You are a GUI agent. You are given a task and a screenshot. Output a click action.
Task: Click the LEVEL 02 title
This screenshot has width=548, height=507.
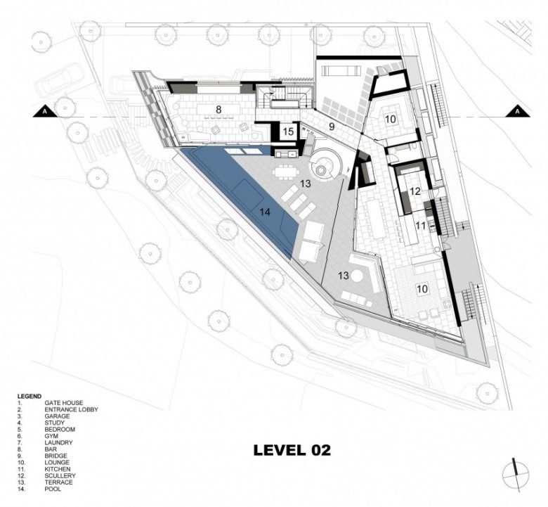click(292, 450)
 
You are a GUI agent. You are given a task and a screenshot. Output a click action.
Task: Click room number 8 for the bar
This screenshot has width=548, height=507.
click(218, 110)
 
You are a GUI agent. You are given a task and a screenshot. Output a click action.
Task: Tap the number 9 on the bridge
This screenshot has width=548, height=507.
click(332, 127)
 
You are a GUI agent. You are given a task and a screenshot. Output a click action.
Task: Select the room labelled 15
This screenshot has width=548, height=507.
click(288, 131)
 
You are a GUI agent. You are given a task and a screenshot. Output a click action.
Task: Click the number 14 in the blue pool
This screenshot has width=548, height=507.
click(266, 212)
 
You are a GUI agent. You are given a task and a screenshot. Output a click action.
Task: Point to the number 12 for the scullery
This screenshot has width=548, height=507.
click(415, 191)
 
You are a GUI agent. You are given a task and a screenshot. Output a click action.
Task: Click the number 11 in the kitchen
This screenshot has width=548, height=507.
click(421, 226)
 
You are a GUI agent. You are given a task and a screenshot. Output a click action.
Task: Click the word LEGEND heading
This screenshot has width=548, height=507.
click(30, 397)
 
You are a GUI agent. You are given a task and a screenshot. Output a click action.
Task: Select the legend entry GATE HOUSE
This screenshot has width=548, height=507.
click(64, 403)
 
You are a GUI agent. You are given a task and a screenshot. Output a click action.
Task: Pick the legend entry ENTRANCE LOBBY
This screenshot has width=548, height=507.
click(71, 410)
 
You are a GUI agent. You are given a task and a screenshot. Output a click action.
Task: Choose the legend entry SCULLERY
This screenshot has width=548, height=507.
click(60, 476)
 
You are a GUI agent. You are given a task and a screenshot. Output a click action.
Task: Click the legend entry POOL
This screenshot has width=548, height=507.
click(53, 489)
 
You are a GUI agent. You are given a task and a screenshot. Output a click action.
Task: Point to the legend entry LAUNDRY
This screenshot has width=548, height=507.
click(58, 442)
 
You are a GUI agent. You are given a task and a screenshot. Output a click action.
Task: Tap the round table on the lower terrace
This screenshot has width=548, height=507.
click(357, 276)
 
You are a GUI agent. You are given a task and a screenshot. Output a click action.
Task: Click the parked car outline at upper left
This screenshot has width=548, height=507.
click(60, 80)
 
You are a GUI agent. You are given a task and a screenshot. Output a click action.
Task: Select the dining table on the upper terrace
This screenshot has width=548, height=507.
click(286, 172)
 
